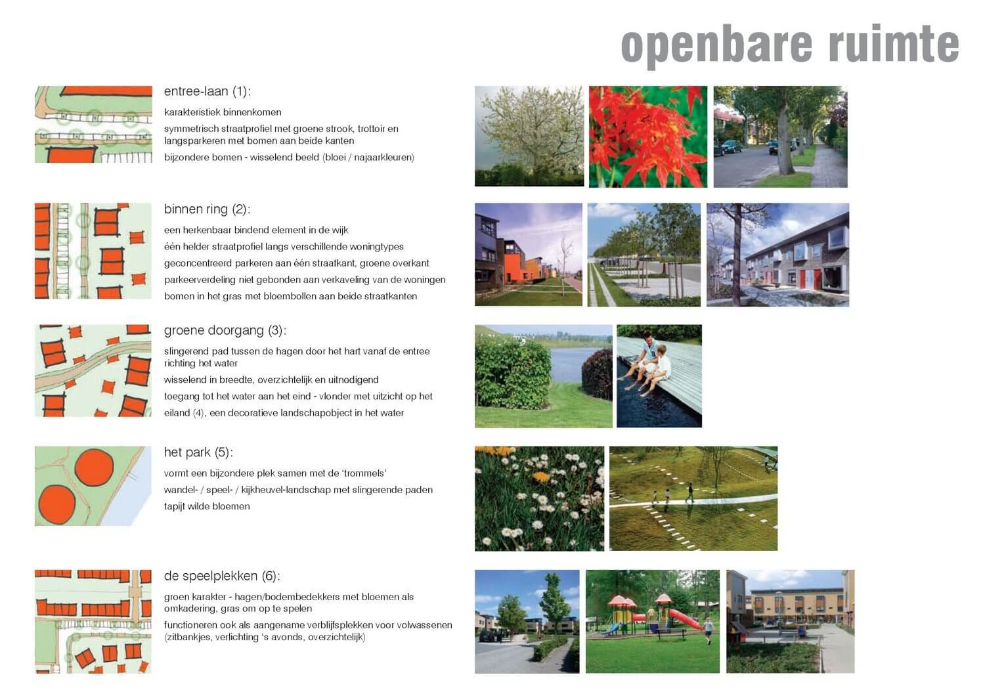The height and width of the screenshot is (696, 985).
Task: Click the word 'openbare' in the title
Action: (x=716, y=46)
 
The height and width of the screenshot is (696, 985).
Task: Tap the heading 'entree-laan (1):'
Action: (x=207, y=91)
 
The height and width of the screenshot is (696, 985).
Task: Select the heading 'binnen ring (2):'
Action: (x=207, y=209)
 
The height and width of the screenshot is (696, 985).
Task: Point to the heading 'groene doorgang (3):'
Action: (x=225, y=331)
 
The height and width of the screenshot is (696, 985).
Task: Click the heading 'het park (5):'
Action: (x=198, y=452)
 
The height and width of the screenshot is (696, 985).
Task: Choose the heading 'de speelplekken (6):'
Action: (x=222, y=576)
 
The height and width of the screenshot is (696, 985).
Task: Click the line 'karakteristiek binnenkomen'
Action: (x=223, y=112)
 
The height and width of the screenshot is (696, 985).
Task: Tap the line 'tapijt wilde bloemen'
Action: (x=207, y=506)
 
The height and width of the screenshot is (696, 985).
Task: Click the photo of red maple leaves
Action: (x=648, y=137)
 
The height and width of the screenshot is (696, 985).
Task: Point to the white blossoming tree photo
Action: (x=529, y=137)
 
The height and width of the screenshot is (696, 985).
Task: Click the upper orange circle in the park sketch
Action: (x=94, y=468)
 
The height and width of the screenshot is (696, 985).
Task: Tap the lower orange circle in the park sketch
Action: (x=57, y=504)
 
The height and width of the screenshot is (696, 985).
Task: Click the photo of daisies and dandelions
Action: (x=540, y=498)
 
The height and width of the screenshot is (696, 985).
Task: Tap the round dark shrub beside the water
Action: (x=598, y=375)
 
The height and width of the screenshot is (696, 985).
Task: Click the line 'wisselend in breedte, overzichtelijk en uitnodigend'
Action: (x=271, y=380)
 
